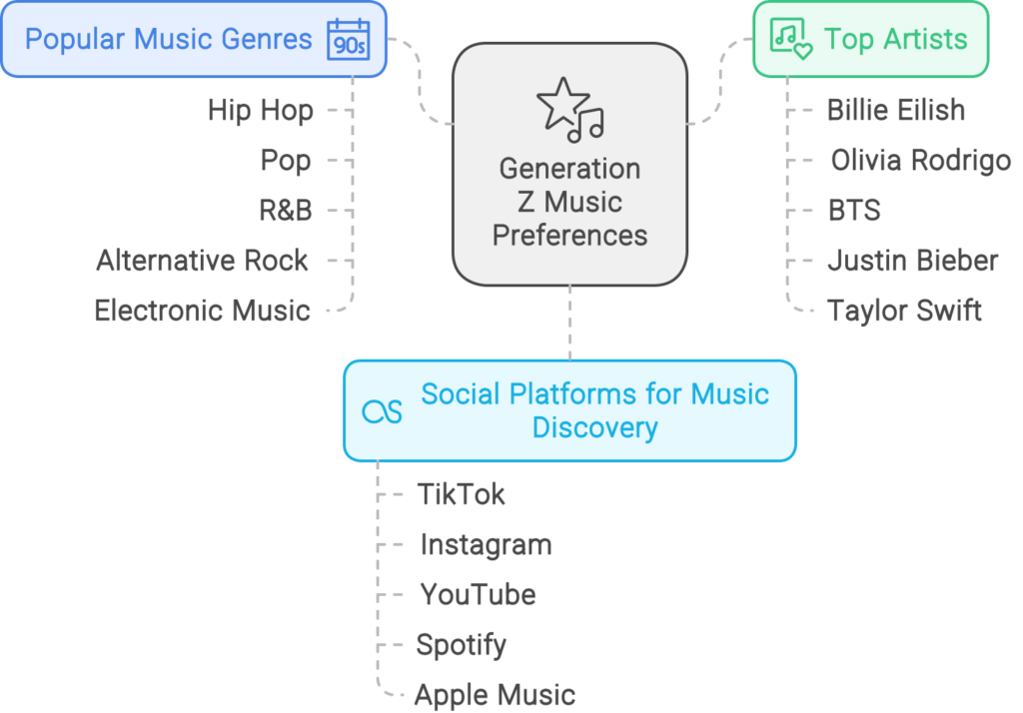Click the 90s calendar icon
pyautogui.click(x=347, y=40)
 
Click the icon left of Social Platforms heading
pyautogui.click(x=382, y=410)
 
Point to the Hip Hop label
pyautogui.click(x=260, y=110)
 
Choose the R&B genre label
pyautogui.click(x=285, y=211)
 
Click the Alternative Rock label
pyautogui.click(x=203, y=261)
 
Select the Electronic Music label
pyautogui.click(x=203, y=311)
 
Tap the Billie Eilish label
pyautogui.click(x=896, y=110)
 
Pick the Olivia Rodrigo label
pyautogui.click(x=920, y=160)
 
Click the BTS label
pyautogui.click(x=854, y=211)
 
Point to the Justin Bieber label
pyautogui.click(x=912, y=261)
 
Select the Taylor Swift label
pyautogui.click(x=904, y=311)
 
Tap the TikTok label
pyautogui.click(x=462, y=494)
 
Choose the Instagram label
pyautogui.click(x=486, y=544)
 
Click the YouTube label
pyautogui.click(x=478, y=595)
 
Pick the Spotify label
pyautogui.click(x=461, y=645)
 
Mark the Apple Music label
pyautogui.click(x=495, y=695)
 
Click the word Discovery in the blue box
pyautogui.click(x=594, y=427)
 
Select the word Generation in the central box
pyautogui.click(x=569, y=168)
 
